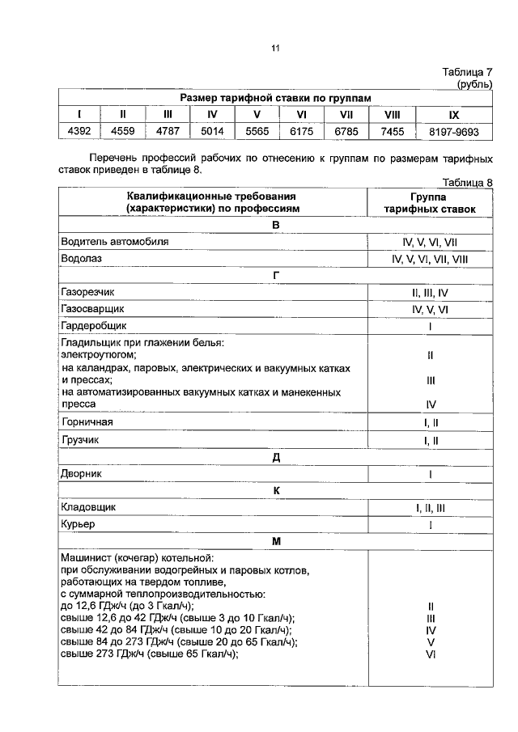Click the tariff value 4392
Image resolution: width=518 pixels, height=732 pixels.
point(79,131)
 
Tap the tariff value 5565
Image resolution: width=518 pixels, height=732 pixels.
point(257,131)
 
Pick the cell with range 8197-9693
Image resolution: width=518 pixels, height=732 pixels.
point(453,131)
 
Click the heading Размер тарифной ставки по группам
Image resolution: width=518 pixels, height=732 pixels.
point(275,97)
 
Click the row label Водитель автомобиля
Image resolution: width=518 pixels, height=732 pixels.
point(104,241)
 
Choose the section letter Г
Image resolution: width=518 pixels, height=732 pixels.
point(275,276)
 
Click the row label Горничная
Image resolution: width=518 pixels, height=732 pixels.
point(87,422)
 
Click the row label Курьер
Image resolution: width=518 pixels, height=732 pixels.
point(79,524)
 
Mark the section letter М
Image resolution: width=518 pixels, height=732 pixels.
point(275,541)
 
